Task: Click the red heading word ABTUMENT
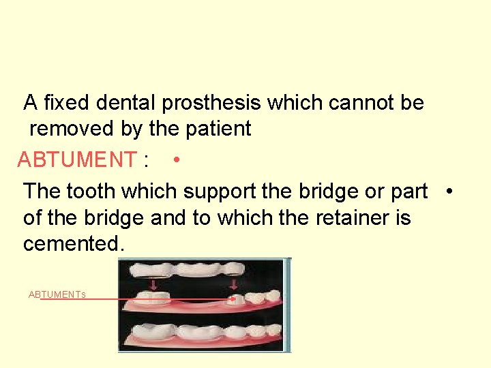(76, 159)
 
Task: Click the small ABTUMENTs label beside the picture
(57, 294)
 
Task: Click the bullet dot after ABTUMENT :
(176, 159)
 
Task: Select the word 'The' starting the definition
(41, 191)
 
